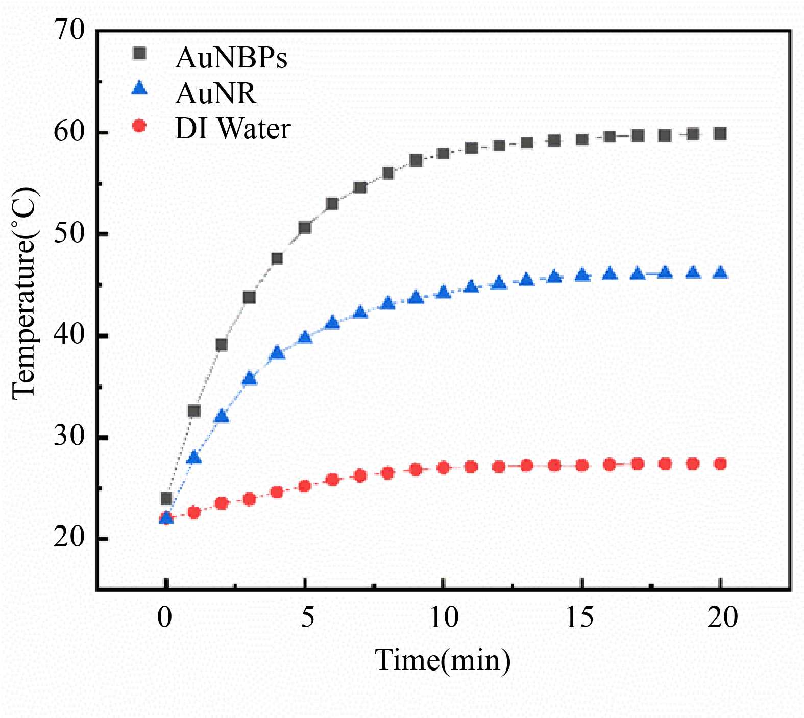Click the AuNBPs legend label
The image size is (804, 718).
coord(231,58)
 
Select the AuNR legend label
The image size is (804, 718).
coord(215,93)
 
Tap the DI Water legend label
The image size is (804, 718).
coord(233,129)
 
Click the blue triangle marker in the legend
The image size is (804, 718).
coord(139,89)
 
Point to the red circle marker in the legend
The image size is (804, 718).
coord(139,126)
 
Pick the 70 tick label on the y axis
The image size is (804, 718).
coord(68,30)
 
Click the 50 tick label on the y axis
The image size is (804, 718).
coord(68,233)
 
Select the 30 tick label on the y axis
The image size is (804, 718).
coord(68,437)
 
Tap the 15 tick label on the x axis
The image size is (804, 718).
coord(580,617)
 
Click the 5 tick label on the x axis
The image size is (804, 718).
coord(307,617)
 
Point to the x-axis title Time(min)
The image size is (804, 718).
coord(443,660)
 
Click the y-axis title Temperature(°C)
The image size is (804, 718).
coord(25,294)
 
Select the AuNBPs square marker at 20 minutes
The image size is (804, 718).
coord(720,134)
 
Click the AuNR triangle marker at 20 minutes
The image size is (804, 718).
coord(720,272)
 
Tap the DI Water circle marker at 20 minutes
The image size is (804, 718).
coord(720,464)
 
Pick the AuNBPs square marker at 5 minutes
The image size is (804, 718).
coord(305,228)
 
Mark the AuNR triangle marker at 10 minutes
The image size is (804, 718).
coord(443,292)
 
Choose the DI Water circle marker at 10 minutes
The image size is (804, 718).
coord(443,468)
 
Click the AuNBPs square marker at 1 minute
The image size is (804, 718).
coord(194,411)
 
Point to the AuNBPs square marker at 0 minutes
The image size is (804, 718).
coord(166,498)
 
